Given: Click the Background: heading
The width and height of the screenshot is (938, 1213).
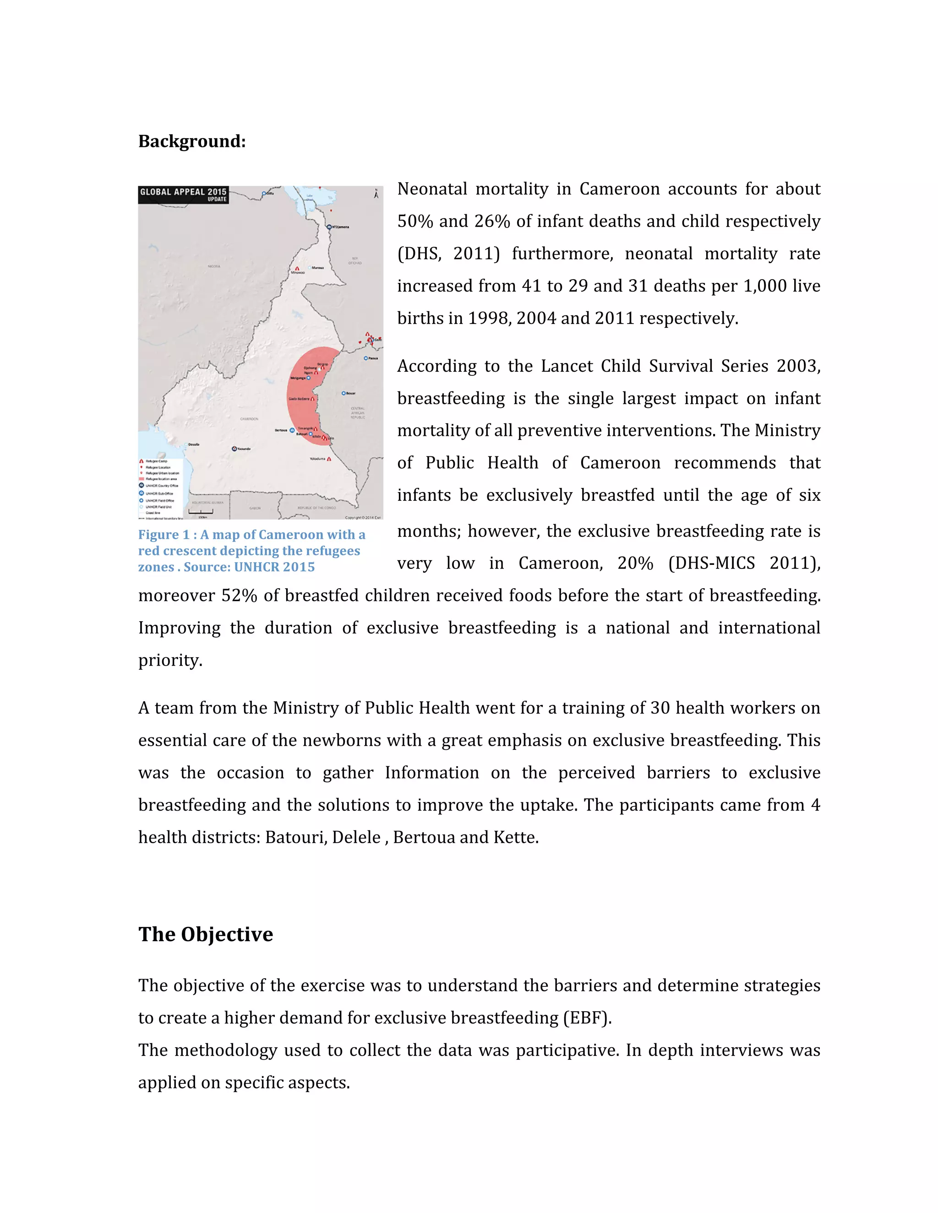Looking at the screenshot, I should (192, 141).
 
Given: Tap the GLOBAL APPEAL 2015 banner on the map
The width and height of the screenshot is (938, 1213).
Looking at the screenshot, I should (183, 195).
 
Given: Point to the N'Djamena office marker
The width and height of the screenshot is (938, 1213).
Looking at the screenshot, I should (329, 227).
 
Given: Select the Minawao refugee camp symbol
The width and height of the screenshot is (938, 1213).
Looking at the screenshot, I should (297, 268).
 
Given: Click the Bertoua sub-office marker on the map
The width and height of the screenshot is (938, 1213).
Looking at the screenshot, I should (292, 430).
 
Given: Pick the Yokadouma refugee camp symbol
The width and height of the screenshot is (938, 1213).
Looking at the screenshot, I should (329, 459).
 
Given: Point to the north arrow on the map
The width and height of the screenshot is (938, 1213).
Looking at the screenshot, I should (376, 194).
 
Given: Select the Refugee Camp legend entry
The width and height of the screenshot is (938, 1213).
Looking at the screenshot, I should (156, 461).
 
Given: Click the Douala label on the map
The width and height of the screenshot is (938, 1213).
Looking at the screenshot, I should (193, 444).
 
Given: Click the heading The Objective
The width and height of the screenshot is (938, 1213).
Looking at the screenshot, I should (206, 934).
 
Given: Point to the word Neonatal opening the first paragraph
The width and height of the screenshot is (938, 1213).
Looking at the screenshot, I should (432, 190).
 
